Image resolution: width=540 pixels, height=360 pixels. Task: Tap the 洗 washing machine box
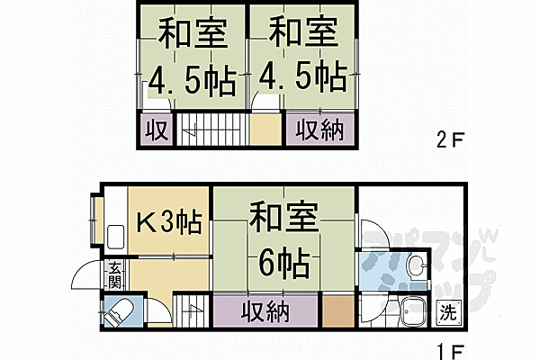[447, 313]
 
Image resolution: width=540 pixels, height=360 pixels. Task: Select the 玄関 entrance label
[116, 272]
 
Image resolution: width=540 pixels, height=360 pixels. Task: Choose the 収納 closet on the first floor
[265, 312]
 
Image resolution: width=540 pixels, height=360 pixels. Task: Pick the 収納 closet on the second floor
[320, 130]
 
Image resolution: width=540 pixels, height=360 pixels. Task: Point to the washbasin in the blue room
[415, 266]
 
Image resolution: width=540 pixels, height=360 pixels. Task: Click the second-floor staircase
[211, 129]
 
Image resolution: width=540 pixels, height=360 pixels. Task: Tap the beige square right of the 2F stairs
[266, 129]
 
